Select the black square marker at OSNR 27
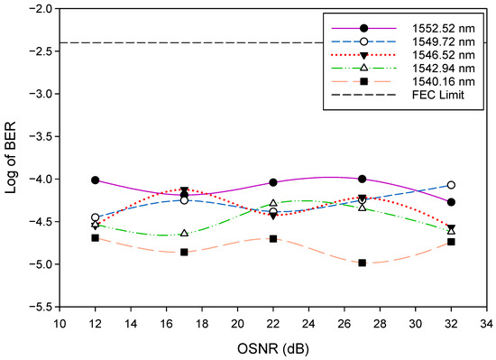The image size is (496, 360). (362, 263)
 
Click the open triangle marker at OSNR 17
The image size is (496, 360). (184, 234)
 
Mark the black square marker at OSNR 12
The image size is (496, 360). (95, 237)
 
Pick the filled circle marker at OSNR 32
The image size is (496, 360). (451, 202)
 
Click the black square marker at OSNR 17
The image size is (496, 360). (184, 252)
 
